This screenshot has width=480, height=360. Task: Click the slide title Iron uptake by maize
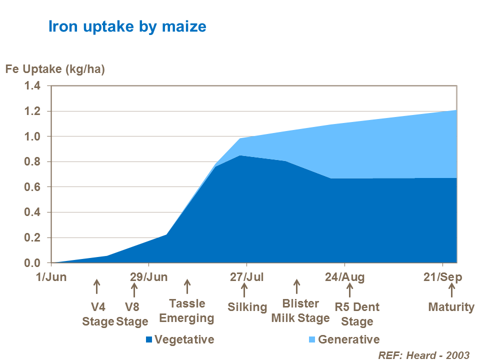[x=127, y=25]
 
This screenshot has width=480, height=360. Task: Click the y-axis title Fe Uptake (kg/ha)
[x=55, y=69]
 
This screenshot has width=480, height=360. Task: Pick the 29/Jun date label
[x=149, y=276]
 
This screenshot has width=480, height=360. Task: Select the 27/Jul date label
[x=246, y=276]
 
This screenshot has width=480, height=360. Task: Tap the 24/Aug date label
[x=344, y=276]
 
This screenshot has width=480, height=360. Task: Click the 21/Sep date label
[x=442, y=276]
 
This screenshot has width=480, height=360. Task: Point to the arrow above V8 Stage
[x=133, y=289]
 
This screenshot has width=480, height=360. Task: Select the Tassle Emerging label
[x=187, y=310]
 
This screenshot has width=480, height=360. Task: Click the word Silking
[x=247, y=306]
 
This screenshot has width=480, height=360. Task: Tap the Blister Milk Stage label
[x=300, y=310]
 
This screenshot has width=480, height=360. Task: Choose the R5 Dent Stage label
[x=357, y=313]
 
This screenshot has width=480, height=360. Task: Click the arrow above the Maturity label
[x=451, y=290]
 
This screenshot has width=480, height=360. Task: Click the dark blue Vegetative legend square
[x=148, y=340]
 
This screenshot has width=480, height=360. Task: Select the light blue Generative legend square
[x=312, y=340]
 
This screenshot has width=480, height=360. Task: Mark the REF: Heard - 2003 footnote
[x=424, y=354]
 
